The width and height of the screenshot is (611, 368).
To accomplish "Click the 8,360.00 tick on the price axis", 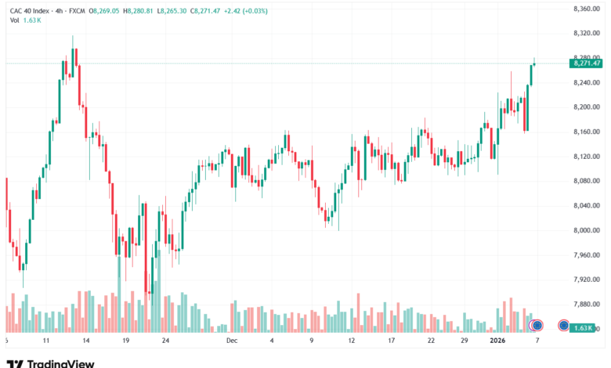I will (x=586, y=9).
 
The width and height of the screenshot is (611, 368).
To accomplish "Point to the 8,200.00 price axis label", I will (x=586, y=106).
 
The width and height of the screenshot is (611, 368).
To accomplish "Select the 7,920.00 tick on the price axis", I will (x=586, y=279).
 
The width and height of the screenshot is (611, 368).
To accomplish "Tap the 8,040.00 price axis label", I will (x=586, y=205).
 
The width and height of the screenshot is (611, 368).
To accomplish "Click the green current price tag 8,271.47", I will (x=587, y=63).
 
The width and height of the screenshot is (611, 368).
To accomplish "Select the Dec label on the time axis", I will (x=232, y=341).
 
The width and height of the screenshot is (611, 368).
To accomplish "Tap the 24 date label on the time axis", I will (x=165, y=341).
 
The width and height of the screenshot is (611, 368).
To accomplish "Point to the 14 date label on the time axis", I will (x=85, y=341).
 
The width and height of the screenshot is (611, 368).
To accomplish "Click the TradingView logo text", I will (x=61, y=363).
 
